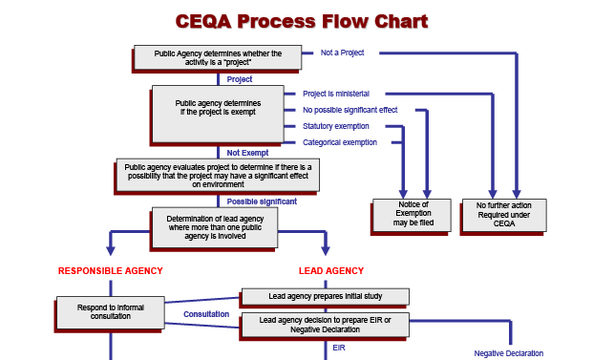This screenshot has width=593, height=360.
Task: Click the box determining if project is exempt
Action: pyautogui.click(x=218, y=106)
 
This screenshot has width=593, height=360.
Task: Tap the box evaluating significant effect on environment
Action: pyautogui.click(x=218, y=176)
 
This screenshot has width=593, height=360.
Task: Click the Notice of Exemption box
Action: pyautogui.click(x=413, y=214)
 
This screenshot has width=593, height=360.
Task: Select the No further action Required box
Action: pyautogui.click(x=503, y=214)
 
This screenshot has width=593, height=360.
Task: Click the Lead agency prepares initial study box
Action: pyautogui.click(x=325, y=296)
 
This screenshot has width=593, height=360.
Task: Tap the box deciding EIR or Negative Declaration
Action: pyautogui.click(x=325, y=325)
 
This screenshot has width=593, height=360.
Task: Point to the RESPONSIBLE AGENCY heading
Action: pyautogui.click(x=111, y=271)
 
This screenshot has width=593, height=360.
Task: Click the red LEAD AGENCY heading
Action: pyautogui.click(x=331, y=271)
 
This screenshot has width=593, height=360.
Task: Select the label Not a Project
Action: pyautogui.click(x=343, y=53)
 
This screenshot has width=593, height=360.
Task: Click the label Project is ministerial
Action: pyautogui.click(x=335, y=94)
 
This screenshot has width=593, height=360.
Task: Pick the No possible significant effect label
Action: pyautogui.click(x=349, y=110)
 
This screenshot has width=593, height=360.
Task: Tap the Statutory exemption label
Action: pyautogui.click(x=335, y=126)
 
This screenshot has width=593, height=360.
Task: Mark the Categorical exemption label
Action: pyautogui.click(x=339, y=142)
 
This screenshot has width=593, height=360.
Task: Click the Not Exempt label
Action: pyautogui.click(x=247, y=152)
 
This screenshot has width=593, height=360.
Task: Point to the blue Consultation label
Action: pyautogui.click(x=206, y=313)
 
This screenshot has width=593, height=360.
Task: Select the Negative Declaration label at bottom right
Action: pyautogui.click(x=508, y=353)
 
